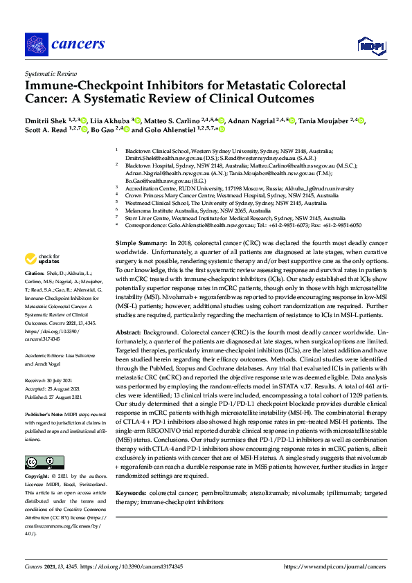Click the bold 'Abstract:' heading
click(x=132, y=332)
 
